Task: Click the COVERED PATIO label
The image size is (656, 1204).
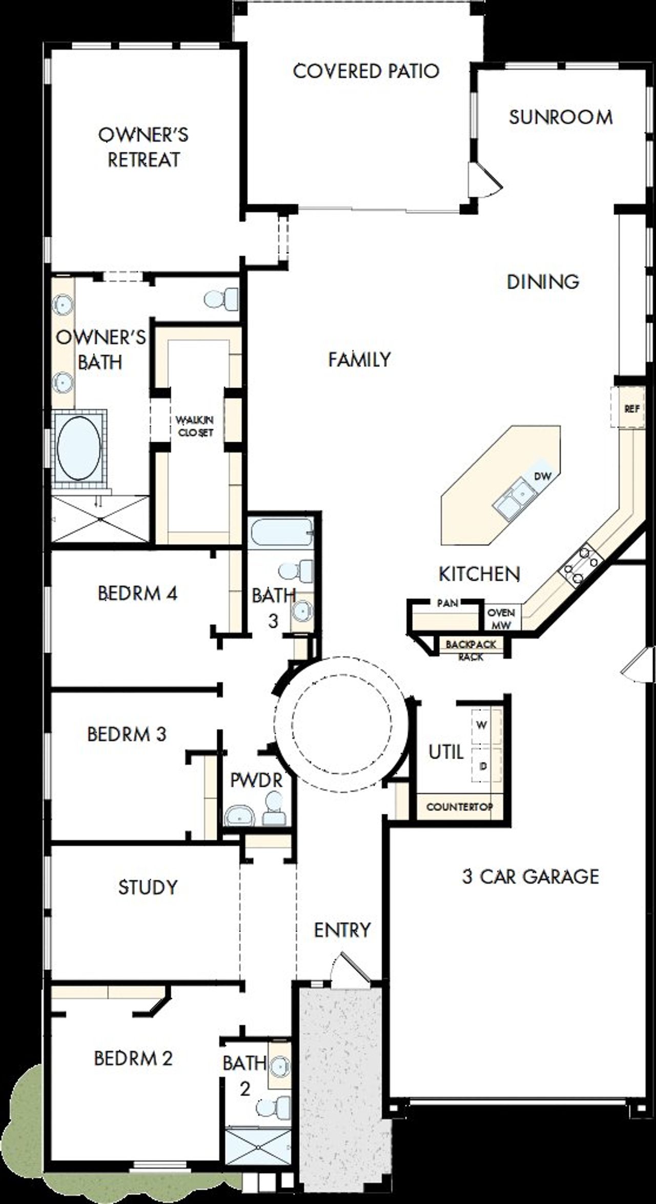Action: point(366,71)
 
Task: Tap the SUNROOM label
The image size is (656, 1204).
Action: point(561,117)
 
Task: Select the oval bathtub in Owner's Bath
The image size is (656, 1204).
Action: point(79,448)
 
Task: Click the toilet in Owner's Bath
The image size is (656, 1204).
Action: point(222,299)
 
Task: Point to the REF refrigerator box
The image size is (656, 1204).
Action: point(632,409)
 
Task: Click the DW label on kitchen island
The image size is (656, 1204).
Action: point(542,476)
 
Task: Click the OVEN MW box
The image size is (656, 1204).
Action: point(501,619)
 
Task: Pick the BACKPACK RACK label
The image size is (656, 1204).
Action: point(470,650)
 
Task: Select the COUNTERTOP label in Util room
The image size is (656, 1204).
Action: point(459,807)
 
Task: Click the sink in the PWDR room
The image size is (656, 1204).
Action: point(240,815)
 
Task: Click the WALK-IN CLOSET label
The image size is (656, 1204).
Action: point(194,426)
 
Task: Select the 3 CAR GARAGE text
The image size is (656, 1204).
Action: point(530,876)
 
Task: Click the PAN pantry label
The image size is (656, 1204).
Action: point(447,603)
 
